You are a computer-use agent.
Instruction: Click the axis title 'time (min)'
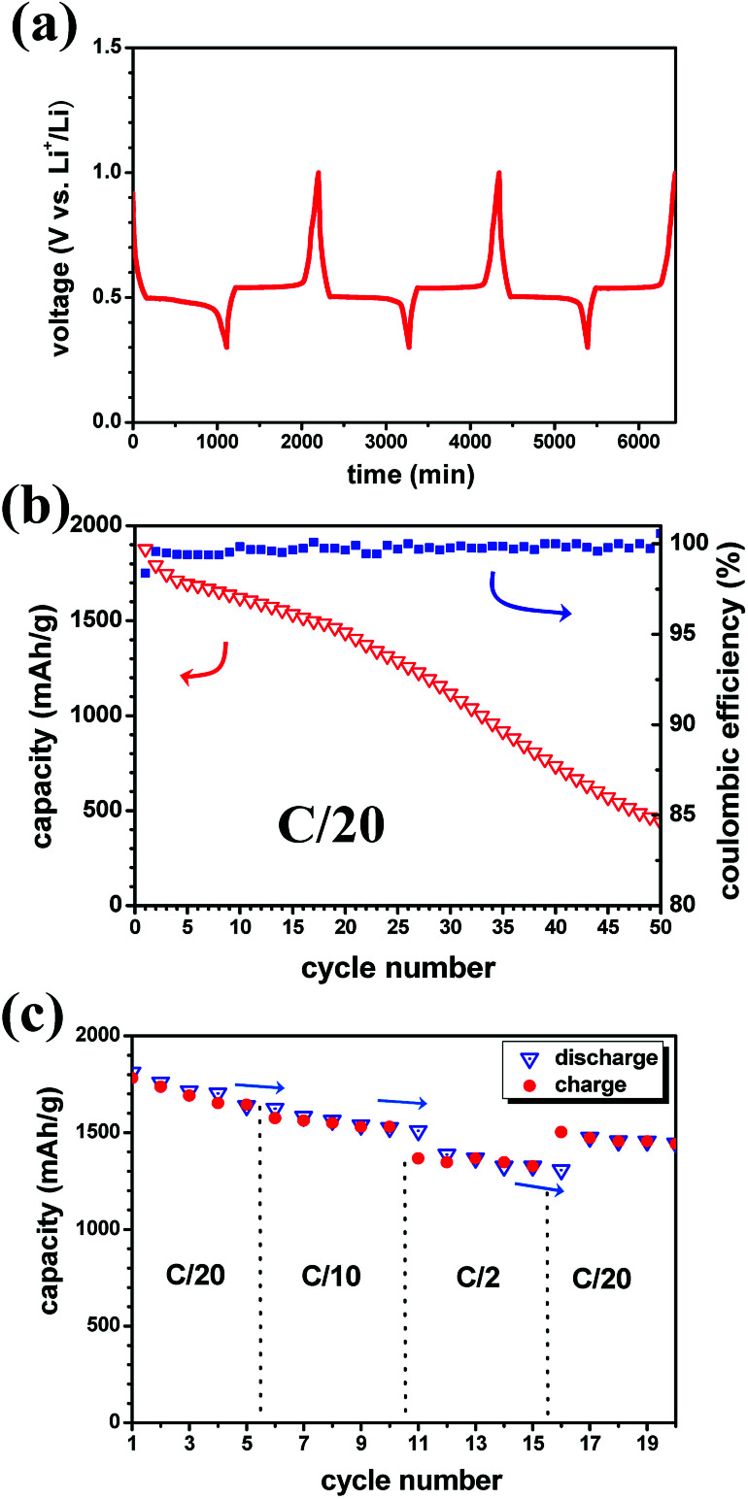[402, 475]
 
